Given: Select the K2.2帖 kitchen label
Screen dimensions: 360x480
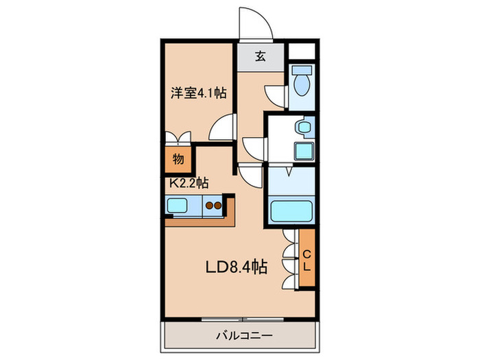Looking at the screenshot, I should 189,183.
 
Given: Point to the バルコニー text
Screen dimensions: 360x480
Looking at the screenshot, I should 240,335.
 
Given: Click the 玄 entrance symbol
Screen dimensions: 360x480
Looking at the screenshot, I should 261,57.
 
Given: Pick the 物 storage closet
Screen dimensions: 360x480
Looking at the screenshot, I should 178,159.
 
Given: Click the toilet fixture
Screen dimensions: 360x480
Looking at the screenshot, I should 302,83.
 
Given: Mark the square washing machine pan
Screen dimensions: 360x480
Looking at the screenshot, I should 303,150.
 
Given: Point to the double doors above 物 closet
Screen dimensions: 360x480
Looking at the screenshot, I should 178,136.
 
